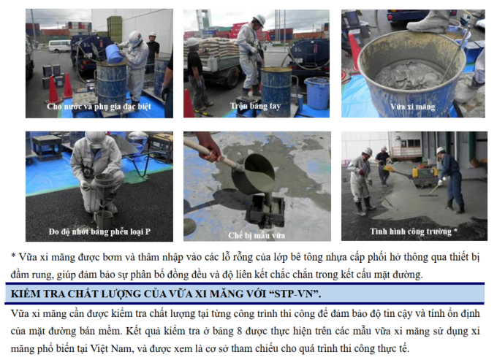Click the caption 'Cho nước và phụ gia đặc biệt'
99,107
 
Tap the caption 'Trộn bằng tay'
256,106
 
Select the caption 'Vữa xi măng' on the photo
412,107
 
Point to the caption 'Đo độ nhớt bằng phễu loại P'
99,231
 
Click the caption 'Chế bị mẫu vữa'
257,235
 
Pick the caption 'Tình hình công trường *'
414,231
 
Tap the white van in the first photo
59,46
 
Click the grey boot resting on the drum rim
428,21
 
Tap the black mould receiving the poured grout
265,210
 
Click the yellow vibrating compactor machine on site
425,177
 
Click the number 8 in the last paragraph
240,332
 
